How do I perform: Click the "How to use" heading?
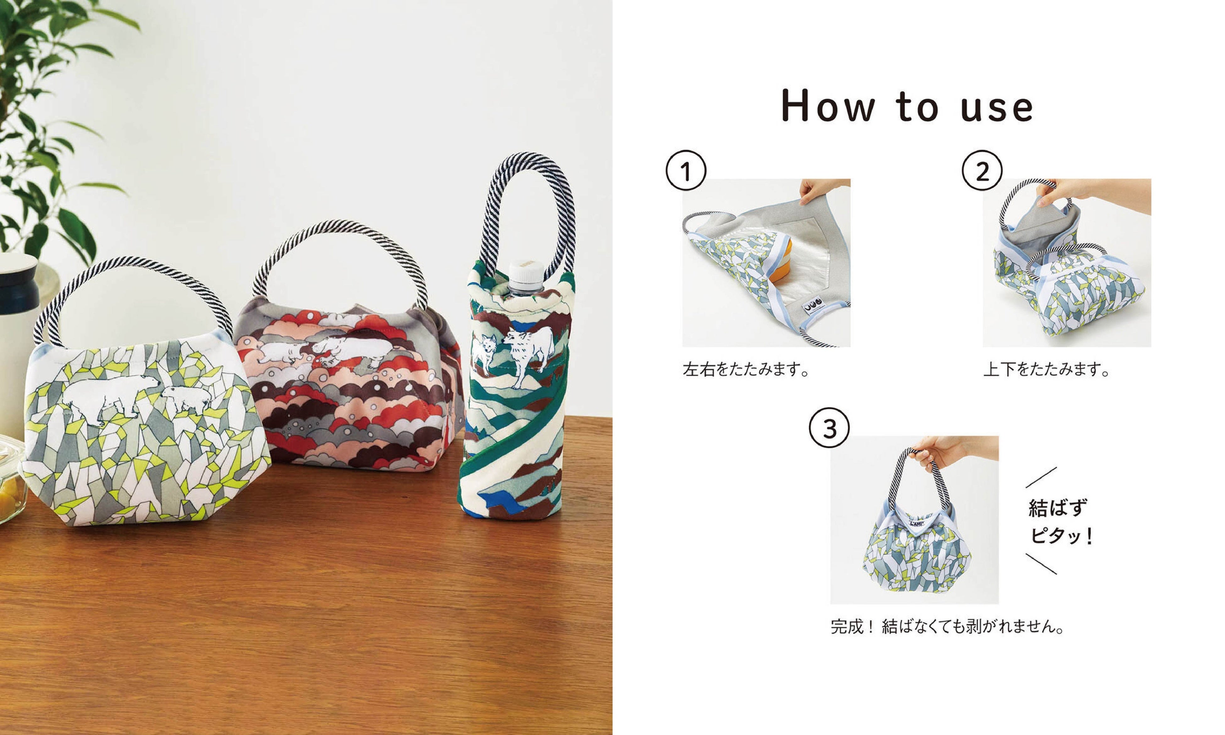tap(907, 106)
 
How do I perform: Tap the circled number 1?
tap(686, 170)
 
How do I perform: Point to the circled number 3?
tap(829, 428)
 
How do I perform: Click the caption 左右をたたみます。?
tap(746, 369)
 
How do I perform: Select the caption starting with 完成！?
tap(947, 627)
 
